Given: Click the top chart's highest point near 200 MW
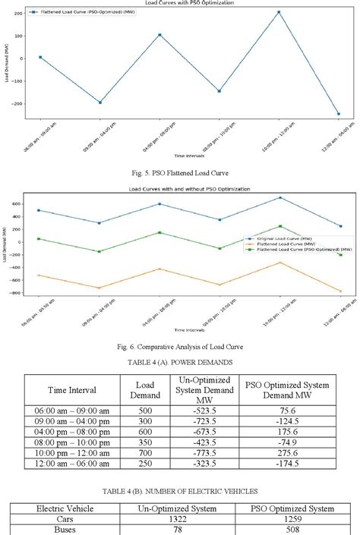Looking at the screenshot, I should pos(279,12).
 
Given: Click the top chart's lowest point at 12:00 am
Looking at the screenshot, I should pos(338,114).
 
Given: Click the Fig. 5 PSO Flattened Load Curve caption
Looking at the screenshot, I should pos(180,172).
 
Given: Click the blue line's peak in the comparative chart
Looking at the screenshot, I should pos(279,197).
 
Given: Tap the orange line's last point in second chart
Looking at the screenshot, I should pos(340,291).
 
